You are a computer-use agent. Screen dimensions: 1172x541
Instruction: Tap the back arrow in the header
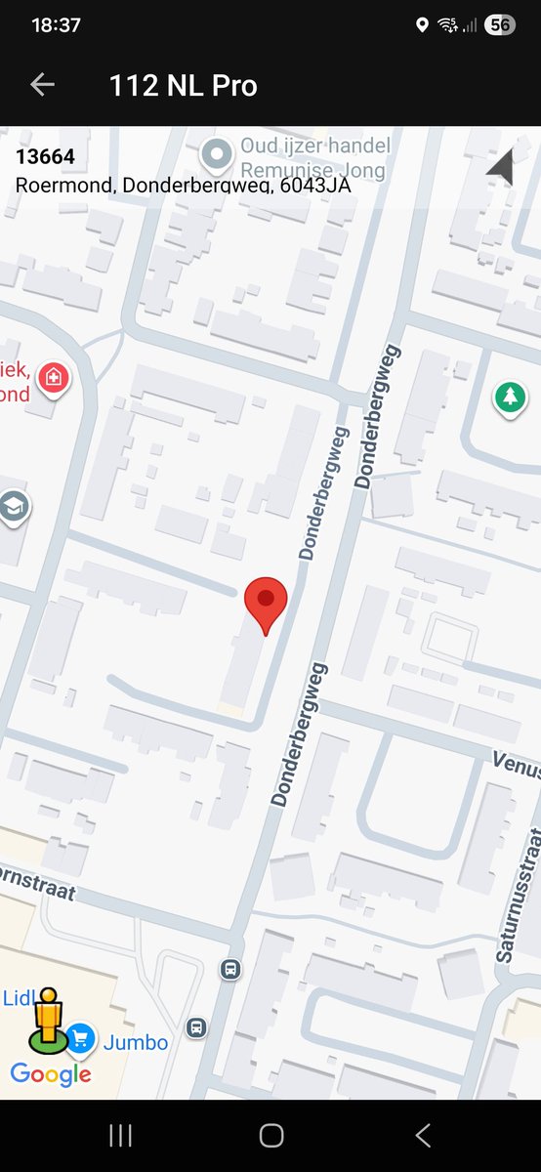42,85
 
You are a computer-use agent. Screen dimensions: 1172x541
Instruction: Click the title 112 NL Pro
184,86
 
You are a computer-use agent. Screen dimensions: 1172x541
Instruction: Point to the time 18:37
56,25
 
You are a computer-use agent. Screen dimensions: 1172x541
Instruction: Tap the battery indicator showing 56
500,25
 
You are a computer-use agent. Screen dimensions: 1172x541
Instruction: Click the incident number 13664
45,156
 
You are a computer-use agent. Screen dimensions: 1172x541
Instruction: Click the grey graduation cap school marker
14,508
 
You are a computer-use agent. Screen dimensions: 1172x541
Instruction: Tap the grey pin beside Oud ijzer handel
215,154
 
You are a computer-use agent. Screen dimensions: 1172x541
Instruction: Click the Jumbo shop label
136,1042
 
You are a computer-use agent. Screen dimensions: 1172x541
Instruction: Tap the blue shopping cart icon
80,1037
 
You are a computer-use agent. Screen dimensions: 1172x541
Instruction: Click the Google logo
51,1075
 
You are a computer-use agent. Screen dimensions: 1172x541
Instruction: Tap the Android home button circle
270,1135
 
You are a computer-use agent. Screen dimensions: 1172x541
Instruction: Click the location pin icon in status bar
422,25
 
